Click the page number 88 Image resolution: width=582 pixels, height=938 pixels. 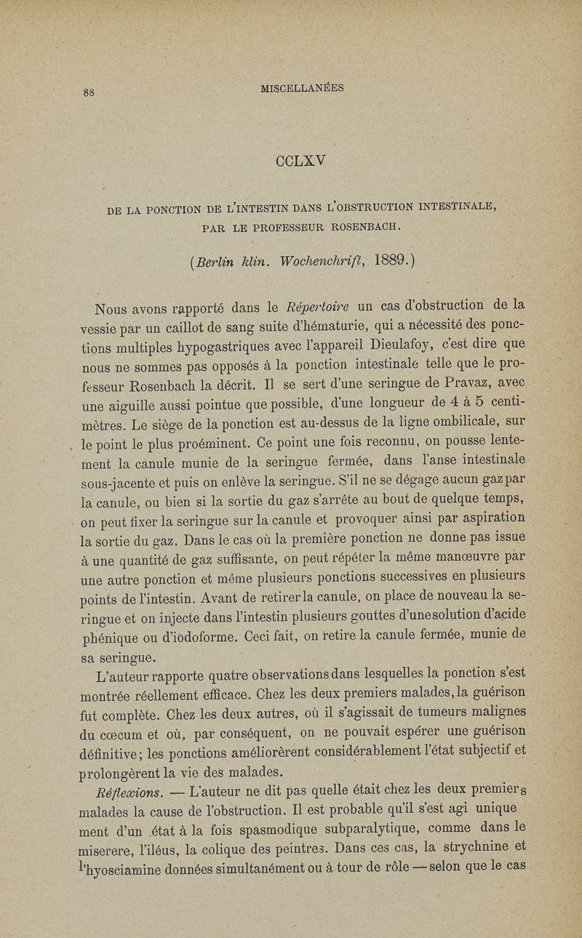pos(93,92)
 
